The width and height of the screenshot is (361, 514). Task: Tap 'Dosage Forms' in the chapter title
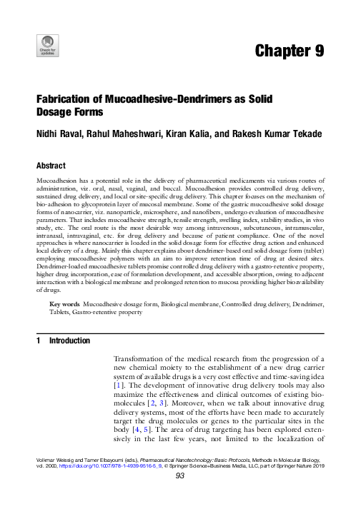click(70, 113)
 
